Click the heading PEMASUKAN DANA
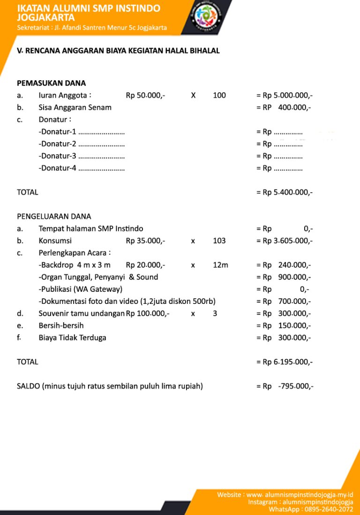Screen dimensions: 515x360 [51, 83]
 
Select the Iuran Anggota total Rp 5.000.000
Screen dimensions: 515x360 [284, 96]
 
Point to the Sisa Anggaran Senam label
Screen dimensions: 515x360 [75, 107]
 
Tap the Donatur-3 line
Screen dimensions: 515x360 [82, 156]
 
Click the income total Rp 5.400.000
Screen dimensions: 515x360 [284, 192]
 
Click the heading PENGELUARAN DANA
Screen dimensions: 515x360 [54, 217]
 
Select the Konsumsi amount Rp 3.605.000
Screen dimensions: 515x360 [284, 241]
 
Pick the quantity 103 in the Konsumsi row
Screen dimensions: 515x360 [219, 241]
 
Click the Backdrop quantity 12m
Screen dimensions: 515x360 [220, 265]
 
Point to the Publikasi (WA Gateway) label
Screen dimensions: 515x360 [81, 289]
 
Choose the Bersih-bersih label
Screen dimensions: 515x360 [61, 326]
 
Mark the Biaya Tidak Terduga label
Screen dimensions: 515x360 [73, 338]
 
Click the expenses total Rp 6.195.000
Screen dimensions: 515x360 [284, 362]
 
